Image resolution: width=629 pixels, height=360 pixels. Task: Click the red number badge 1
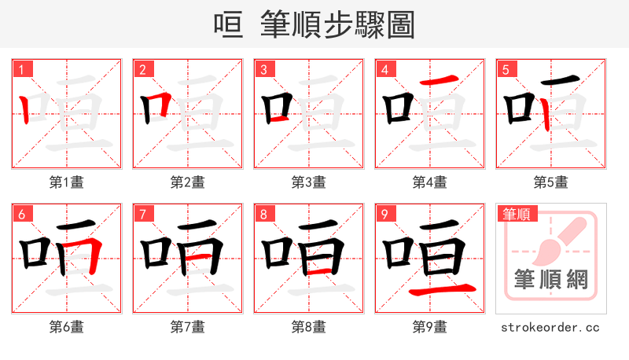coord(20,69)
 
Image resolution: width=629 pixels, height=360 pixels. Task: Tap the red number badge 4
coord(384,69)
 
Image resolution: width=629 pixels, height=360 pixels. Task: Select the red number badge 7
coord(142,214)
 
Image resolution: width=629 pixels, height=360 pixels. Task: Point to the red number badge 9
coord(384,214)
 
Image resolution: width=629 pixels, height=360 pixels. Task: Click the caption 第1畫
coord(67,182)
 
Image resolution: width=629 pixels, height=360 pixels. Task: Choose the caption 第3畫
coord(309,182)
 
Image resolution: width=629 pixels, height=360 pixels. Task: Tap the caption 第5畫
coord(551,182)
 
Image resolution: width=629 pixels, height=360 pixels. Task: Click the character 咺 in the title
coord(228,24)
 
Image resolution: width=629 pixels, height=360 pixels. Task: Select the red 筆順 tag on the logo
coord(515,214)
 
